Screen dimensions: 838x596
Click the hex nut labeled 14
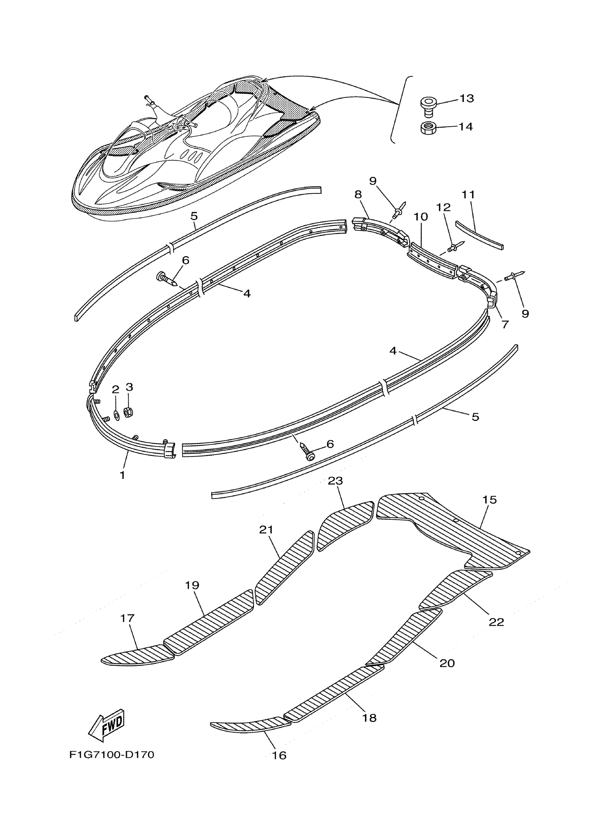(428, 128)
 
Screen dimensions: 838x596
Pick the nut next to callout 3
(128, 413)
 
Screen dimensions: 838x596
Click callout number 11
(468, 195)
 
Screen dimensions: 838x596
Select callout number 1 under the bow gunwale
(122, 475)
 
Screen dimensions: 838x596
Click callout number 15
(489, 500)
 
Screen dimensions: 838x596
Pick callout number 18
(369, 718)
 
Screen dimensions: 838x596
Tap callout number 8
(358, 195)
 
